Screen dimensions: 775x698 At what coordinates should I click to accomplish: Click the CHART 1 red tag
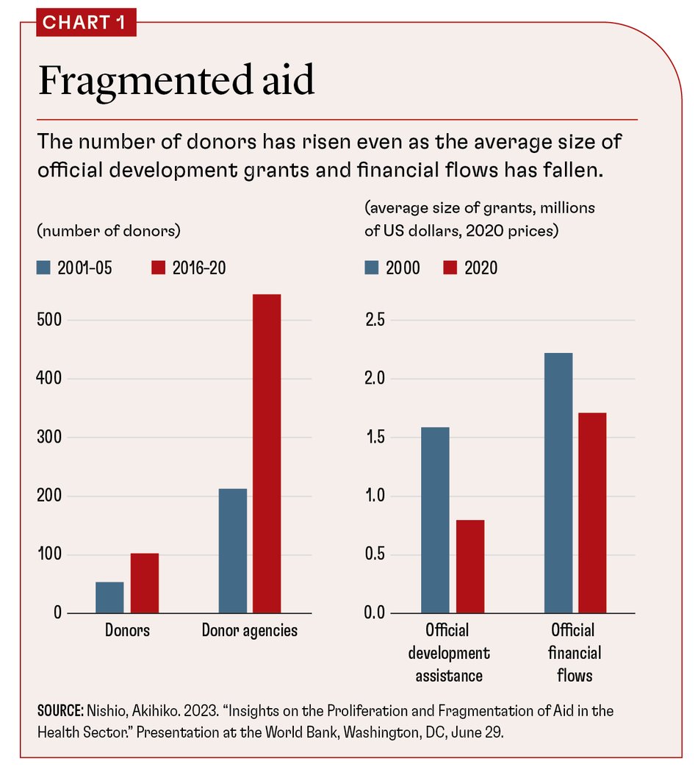86,22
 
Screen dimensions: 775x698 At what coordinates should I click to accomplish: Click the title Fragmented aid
176,80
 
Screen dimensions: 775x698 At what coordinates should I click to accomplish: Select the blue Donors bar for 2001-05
109,597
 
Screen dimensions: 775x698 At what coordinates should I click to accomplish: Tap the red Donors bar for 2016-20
145,582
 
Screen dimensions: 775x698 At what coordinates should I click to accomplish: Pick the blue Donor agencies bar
233,550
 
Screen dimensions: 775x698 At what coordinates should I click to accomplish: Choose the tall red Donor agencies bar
267,453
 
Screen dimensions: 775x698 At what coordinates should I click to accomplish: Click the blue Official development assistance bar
436,519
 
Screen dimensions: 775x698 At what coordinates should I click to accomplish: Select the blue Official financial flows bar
558,482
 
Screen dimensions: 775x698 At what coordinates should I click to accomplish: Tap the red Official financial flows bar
593,512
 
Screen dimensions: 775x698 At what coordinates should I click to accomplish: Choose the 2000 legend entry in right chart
392,268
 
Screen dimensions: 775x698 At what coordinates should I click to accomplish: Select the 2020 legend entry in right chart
470,268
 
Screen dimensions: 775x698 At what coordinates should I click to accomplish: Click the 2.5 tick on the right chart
376,320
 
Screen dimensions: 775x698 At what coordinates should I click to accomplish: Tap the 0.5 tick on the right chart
376,554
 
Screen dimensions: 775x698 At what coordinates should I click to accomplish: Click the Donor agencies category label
250,631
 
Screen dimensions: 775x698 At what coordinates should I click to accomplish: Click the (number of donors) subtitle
108,230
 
